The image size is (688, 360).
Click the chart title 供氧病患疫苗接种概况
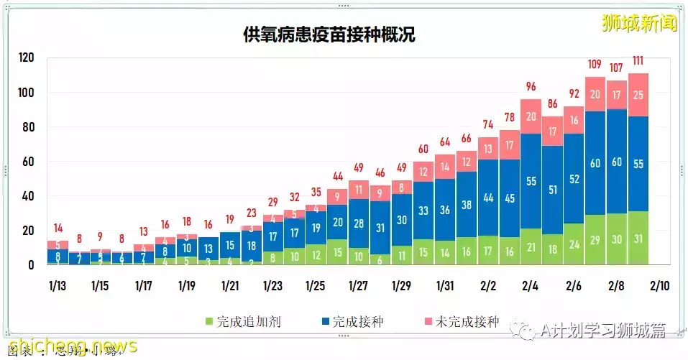pos(329,35)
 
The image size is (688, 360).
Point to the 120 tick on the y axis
pos(26,58)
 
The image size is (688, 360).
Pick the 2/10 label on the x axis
pos(659,285)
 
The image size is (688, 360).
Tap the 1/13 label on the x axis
pos(57,285)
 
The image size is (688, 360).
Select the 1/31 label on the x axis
pos(444,285)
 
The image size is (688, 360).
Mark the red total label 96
pos(531,86)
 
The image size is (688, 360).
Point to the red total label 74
pos(488,124)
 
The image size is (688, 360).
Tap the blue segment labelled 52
pos(574,179)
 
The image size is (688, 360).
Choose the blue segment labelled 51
pos(553,190)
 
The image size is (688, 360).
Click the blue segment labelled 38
pos(467,205)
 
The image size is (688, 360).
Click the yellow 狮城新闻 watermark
pos(639,24)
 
